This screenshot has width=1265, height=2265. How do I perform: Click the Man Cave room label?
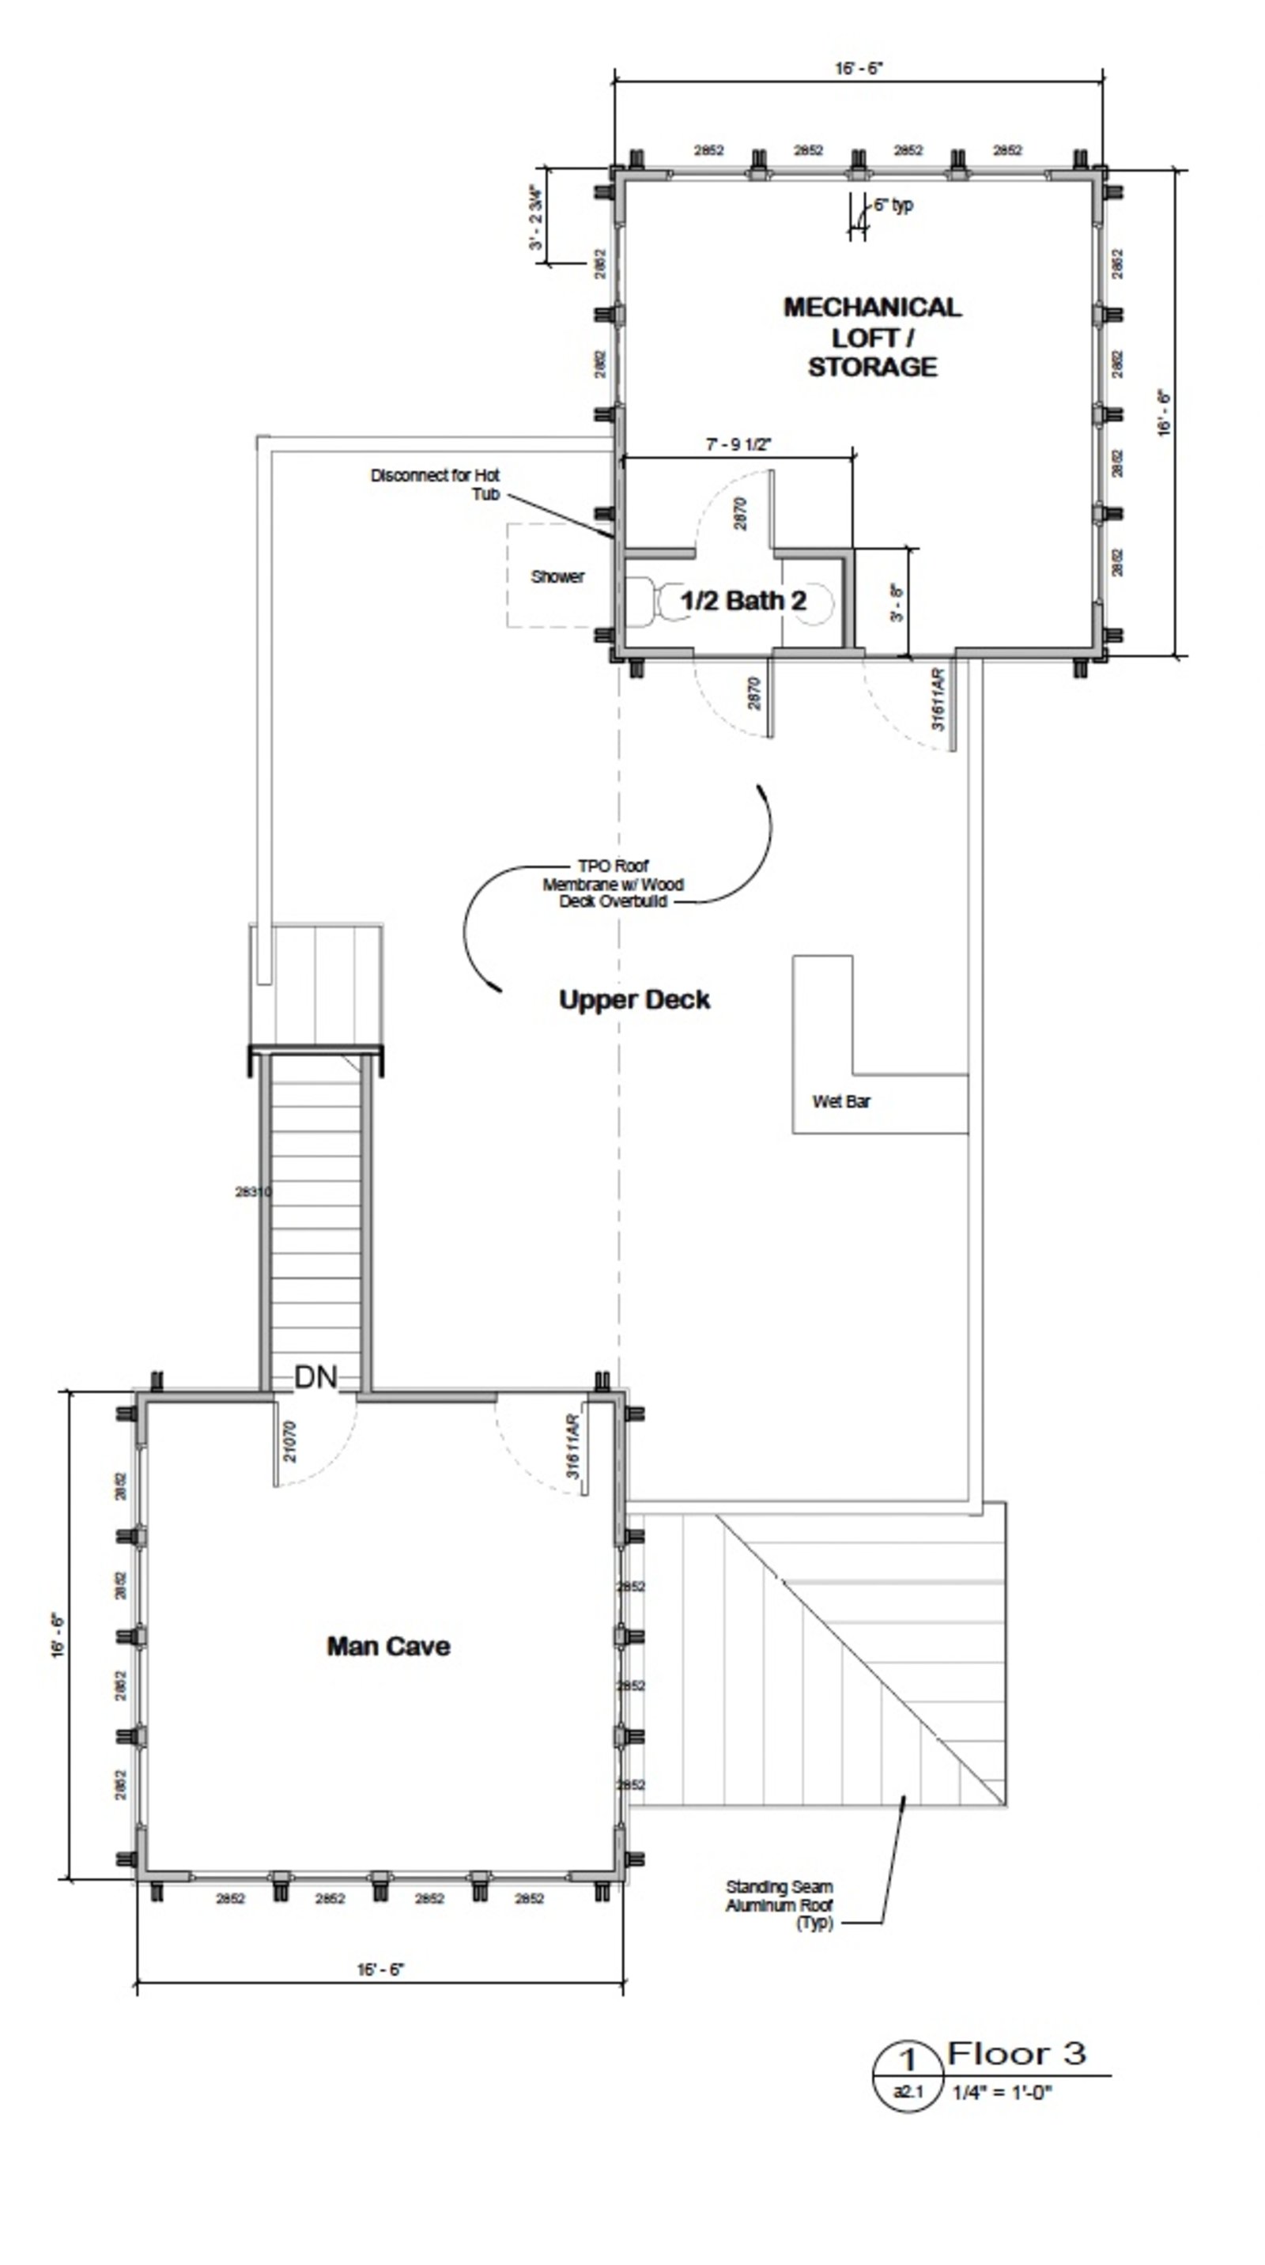387,1646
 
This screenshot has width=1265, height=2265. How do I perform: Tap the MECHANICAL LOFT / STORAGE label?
872,337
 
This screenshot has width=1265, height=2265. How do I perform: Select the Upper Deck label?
634,1000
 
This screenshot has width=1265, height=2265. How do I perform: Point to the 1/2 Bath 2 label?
743,601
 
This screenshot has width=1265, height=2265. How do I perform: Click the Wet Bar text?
841,1102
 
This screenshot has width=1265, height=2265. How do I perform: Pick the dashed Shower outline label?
557,577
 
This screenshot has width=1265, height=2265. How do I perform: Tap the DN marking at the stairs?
315,1377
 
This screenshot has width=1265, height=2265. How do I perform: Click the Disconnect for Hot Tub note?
435,485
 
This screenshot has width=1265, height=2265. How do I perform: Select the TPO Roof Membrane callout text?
613,884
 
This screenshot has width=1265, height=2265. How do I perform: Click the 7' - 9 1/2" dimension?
738,445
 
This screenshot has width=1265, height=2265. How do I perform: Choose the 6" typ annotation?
893,205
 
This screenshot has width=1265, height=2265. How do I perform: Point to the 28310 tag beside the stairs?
252,1192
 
